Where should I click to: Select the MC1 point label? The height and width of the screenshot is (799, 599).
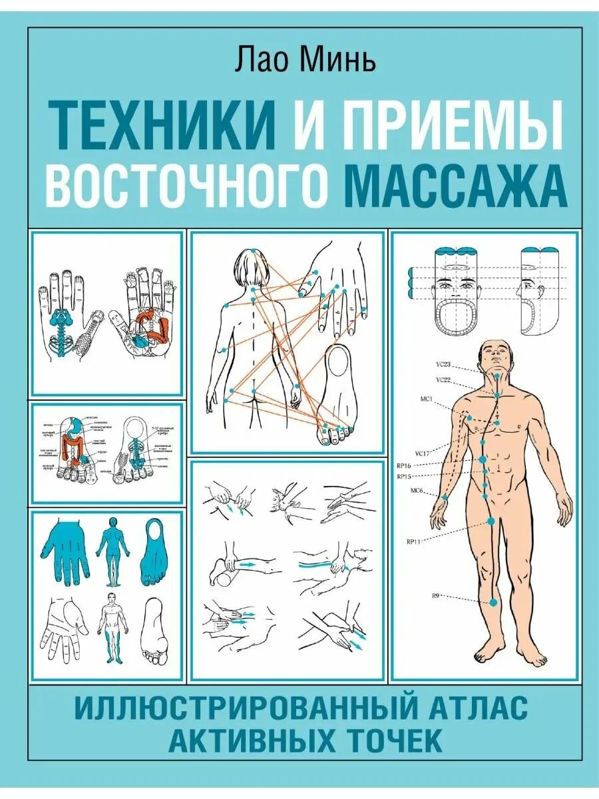427,400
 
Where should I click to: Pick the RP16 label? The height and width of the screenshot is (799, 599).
405,466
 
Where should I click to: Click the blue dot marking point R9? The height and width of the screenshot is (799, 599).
493,602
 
